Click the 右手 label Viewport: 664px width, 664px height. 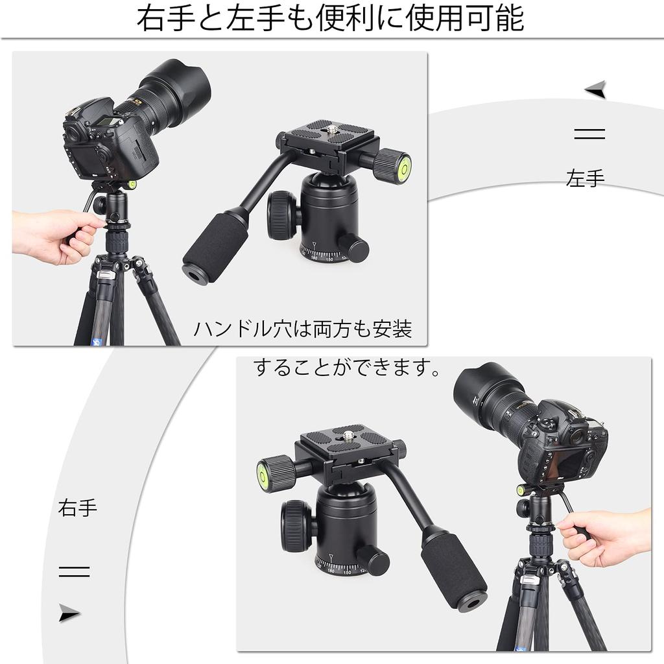[x=78, y=507]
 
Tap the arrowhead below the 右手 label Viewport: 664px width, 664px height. [x=69, y=613]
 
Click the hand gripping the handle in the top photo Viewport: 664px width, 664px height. [x=55, y=236]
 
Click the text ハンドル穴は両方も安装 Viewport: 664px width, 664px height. [x=303, y=329]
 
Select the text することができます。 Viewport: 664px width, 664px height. [x=348, y=368]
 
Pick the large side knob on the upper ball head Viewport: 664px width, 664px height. [x=283, y=215]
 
